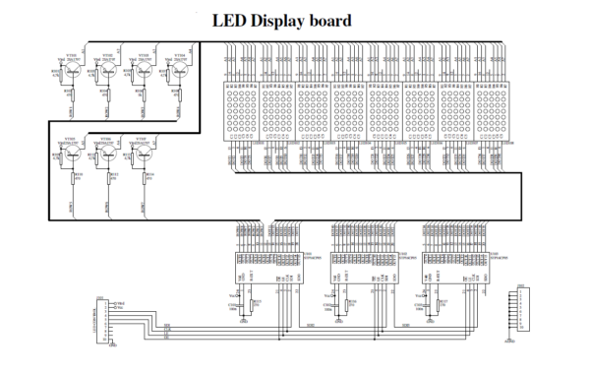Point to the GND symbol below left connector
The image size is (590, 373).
point(113,344)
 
